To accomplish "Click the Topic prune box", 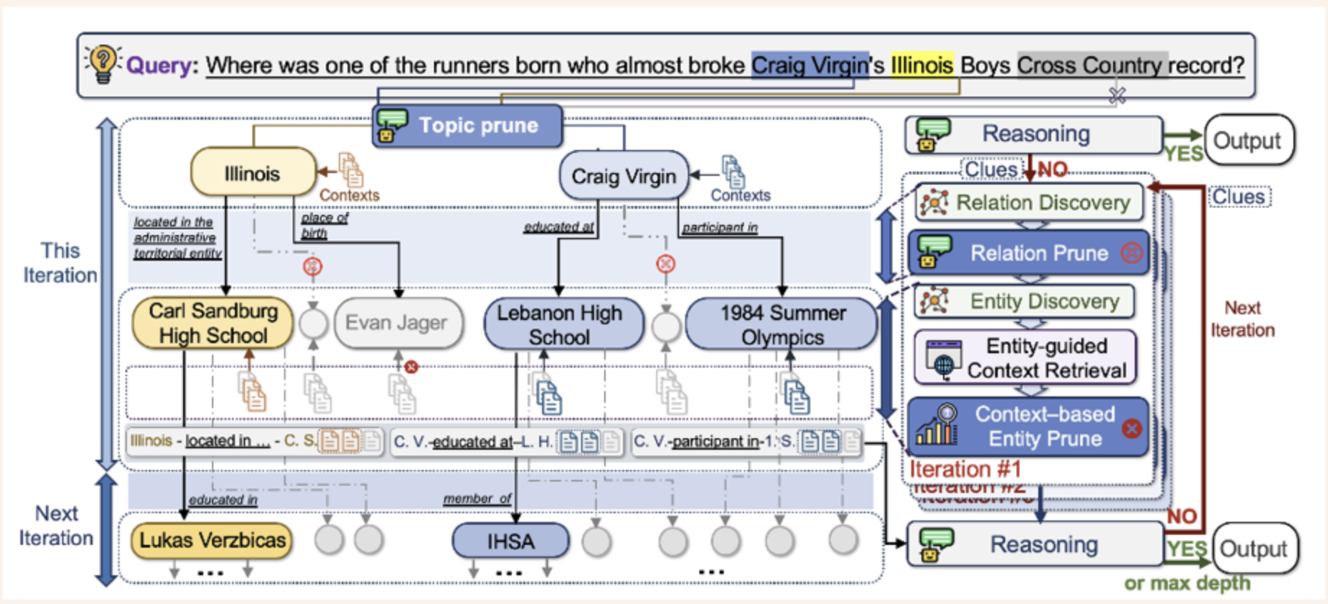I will (x=467, y=125).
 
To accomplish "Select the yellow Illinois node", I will (x=252, y=173).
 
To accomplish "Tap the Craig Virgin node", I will (x=624, y=176).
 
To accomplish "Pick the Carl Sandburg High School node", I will (x=213, y=323).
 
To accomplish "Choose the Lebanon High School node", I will (x=559, y=324).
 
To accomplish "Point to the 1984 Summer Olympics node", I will (x=782, y=324).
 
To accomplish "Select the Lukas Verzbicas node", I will (x=212, y=540).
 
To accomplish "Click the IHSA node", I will (x=510, y=541).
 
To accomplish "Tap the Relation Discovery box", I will (x=1030, y=203).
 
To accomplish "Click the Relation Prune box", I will (x=1030, y=253).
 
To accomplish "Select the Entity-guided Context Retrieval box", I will (x=1025, y=357).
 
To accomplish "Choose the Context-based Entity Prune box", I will (x=1028, y=426).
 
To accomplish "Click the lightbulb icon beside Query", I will (x=102, y=63).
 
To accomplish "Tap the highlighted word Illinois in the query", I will (x=921, y=66).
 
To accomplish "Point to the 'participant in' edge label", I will (x=720, y=228).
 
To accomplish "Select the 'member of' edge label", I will (x=477, y=499).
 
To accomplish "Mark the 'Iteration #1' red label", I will (x=965, y=469).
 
